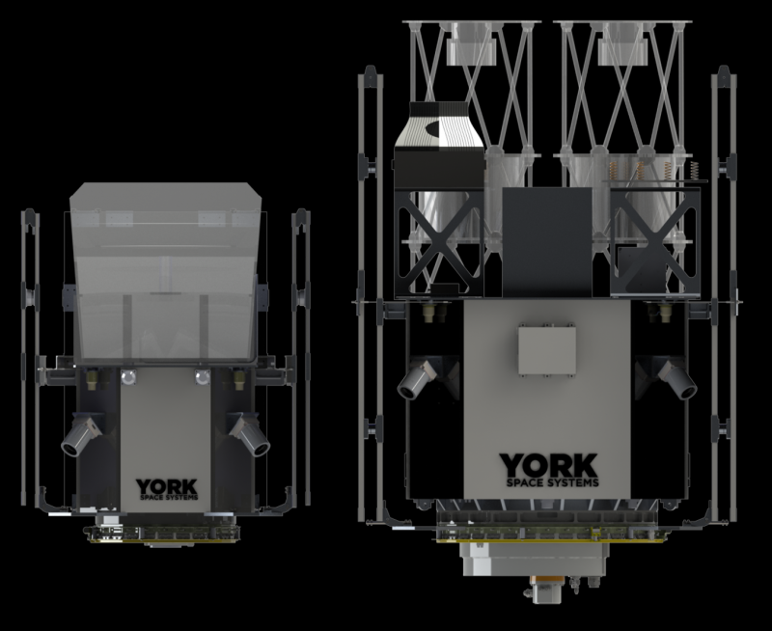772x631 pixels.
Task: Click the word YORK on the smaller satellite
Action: pyautogui.click(x=166, y=487)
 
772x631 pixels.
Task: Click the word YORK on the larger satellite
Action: pyautogui.click(x=548, y=466)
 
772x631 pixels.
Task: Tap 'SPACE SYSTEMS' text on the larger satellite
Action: pyautogui.click(x=552, y=482)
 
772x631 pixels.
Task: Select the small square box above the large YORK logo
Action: pyautogui.click(x=547, y=350)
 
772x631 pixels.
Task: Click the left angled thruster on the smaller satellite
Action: pyautogui.click(x=82, y=435)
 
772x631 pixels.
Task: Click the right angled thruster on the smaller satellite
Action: pyautogui.click(x=250, y=435)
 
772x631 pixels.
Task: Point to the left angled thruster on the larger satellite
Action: pyautogui.click(x=417, y=379)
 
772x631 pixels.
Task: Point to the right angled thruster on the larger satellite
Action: pyautogui.click(x=677, y=379)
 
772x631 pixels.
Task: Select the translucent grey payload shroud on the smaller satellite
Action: pyautogui.click(x=165, y=272)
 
